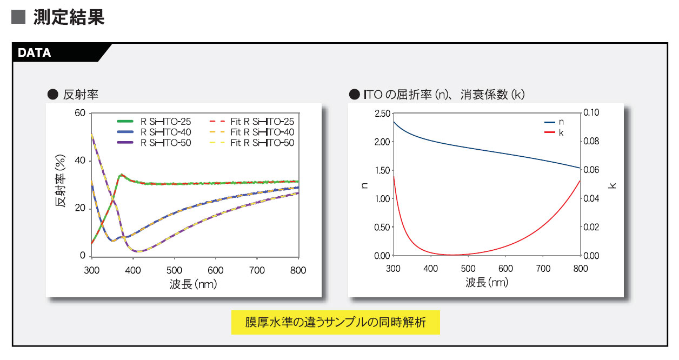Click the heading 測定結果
[68, 17]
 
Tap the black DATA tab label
[35, 53]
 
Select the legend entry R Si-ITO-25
[165, 122]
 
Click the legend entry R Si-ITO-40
[165, 132]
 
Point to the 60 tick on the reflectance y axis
[80, 113]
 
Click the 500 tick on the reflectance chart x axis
[174, 270]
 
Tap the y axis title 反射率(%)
[61, 184]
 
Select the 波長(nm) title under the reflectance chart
[193, 284]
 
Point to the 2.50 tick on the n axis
[382, 114]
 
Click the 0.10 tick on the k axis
[592, 113]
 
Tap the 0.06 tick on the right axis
[592, 170]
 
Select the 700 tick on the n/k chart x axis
[542, 269]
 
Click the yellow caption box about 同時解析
[335, 323]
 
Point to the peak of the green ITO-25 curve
[122, 175]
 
